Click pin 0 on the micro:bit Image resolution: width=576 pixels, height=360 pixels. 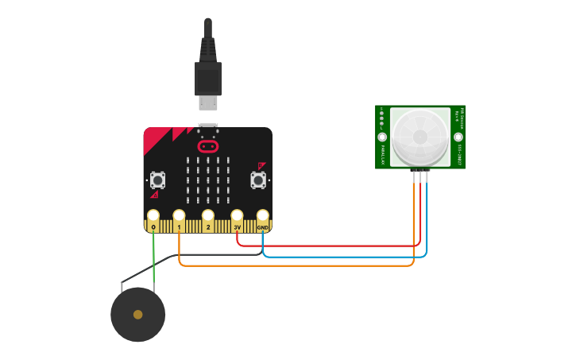tap(153, 216)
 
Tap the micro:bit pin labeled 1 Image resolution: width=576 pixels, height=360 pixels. tap(180, 216)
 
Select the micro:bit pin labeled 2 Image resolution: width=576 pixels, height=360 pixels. tap(208, 216)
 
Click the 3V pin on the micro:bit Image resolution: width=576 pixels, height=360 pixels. tap(237, 216)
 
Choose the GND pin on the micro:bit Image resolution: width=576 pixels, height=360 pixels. tap(262, 216)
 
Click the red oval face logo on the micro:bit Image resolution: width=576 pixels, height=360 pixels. tap(208, 146)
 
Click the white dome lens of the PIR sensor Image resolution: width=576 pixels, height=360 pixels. tap(419, 137)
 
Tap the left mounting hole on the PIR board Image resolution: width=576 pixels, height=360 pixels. tap(382, 137)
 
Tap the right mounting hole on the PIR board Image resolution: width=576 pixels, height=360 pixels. tap(458, 137)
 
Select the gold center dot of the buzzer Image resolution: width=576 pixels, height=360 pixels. tap(138, 315)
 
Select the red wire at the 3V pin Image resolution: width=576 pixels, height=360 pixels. tap(318, 246)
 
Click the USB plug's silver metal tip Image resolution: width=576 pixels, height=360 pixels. tap(208, 103)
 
